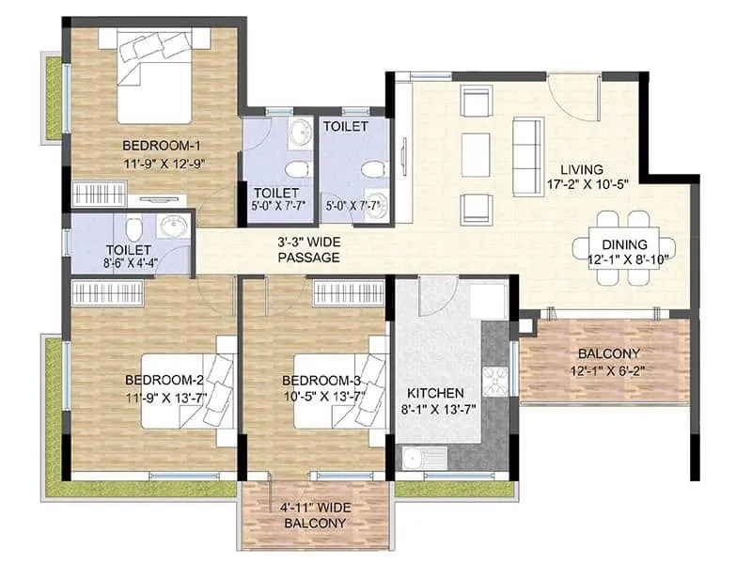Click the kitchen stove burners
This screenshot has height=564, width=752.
coord(494,380)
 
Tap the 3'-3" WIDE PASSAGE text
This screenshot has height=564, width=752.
coord(308,249)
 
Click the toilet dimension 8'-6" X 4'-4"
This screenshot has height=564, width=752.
coord(132,266)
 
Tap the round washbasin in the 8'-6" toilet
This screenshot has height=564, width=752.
coord(171,227)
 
